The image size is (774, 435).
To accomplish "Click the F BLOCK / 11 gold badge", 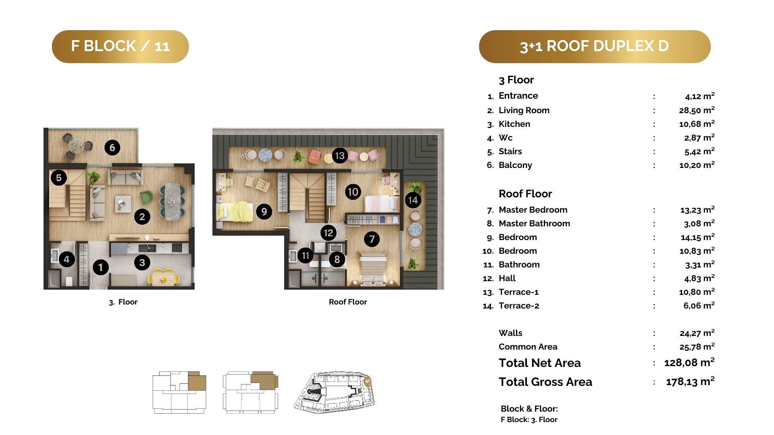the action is point(120,46).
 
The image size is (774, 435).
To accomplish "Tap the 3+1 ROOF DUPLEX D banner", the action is point(595,46).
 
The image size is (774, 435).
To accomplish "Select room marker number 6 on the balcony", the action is point(112,148).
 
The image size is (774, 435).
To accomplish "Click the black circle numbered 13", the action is point(340,155).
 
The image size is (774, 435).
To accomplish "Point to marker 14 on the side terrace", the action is point(413,200).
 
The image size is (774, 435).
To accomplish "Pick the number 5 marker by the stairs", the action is point(59,178).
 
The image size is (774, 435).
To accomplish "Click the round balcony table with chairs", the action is point(77,145).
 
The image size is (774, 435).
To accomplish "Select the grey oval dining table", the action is point(174,201).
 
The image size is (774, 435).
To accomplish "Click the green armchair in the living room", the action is point(147,197).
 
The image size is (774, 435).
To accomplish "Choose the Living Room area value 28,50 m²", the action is point(697,110).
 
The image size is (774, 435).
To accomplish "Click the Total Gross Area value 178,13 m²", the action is point(690,381).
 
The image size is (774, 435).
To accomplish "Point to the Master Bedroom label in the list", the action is point(533,210).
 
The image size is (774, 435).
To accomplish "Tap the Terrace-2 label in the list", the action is point(519,306).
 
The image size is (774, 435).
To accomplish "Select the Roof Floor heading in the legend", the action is point(525,194).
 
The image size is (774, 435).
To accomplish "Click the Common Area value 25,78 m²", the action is point(697,346).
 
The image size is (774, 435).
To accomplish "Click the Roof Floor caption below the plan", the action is point(348,302).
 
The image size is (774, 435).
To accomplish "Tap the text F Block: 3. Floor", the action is point(529,420).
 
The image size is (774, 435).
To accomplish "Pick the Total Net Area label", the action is point(540,363).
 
